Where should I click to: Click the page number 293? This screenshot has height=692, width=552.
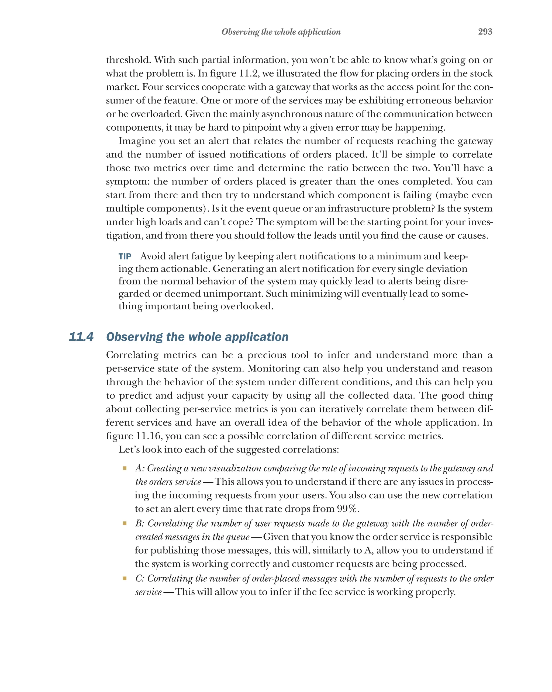click(485, 32)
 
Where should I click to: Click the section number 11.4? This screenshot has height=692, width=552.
click(81, 337)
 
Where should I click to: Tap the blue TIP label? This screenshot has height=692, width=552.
click(125, 256)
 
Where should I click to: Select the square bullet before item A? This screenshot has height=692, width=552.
click(125, 468)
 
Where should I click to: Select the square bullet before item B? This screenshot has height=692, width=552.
click(125, 523)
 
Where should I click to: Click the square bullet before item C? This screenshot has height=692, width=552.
click(125, 578)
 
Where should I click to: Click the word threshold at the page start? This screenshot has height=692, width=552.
click(128, 60)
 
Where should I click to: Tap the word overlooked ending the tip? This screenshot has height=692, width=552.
click(247, 306)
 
